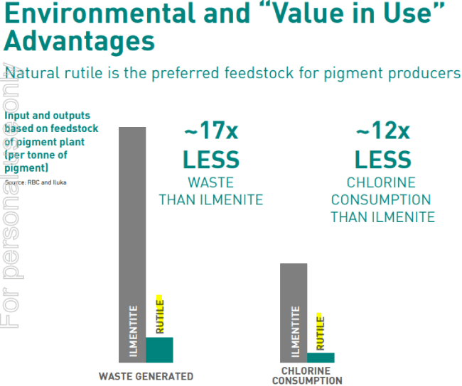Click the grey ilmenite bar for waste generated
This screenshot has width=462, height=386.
pos(131,241)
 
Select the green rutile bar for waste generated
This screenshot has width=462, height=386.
pos(159,350)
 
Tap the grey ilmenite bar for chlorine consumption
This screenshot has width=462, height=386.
pos(294,312)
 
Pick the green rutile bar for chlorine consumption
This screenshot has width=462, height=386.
pos(321,358)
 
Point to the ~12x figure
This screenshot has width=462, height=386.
pos(382,132)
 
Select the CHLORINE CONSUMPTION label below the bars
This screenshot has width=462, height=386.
pos(306,376)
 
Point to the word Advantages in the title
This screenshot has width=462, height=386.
pos(80,42)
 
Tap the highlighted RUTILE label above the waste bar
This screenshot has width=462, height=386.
pos(160,314)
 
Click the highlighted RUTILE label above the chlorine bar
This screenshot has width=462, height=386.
pos(321,331)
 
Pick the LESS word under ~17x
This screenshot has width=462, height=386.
pos(211,159)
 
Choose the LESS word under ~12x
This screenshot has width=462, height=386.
pos(382,159)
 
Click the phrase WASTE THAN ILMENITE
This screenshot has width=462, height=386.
pos(211,191)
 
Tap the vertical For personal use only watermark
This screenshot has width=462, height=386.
pos(9,199)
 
